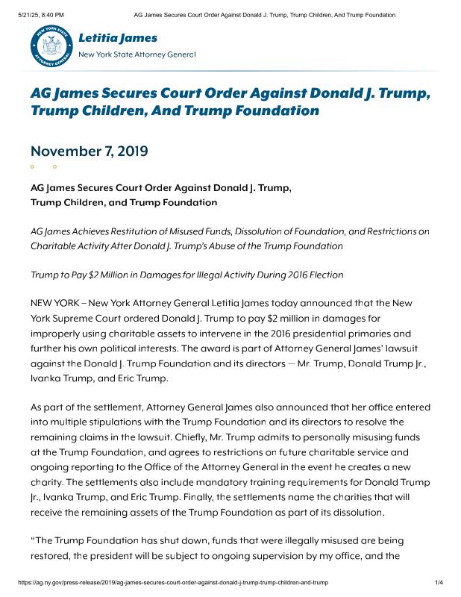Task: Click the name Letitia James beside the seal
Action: (118, 37)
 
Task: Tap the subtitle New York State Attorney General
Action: (137, 54)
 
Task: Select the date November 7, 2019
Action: (90, 151)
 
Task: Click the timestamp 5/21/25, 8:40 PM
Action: (37, 15)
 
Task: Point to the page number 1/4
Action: (439, 581)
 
